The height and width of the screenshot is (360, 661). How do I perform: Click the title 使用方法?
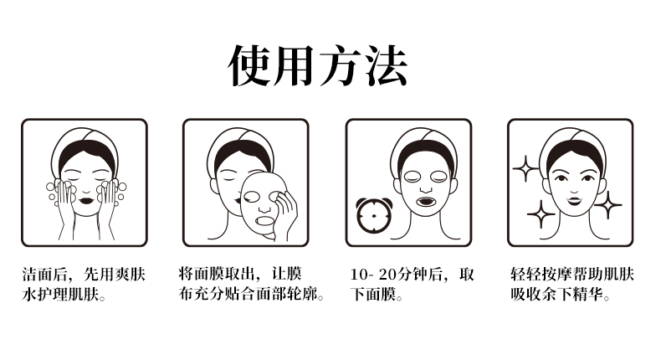[318, 66]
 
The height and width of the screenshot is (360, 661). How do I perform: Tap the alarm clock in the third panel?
[373, 215]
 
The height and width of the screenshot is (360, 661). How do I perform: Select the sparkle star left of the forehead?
[525, 168]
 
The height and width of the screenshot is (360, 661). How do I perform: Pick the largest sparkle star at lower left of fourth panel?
[541, 214]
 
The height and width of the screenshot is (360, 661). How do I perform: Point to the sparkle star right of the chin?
[608, 204]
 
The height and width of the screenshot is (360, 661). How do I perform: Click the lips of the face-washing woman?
[86, 200]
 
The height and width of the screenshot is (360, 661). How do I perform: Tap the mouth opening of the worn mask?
[426, 201]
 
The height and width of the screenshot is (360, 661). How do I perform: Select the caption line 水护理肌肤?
[64, 295]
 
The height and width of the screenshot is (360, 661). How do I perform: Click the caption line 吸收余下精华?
[561, 295]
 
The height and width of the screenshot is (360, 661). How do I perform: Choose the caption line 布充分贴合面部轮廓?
[251, 294]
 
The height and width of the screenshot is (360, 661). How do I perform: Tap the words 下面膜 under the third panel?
[373, 295]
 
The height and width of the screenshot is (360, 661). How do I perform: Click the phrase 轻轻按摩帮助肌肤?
[572, 275]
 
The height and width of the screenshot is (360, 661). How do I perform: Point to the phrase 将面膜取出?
[217, 275]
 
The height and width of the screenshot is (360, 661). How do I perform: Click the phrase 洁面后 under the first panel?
[44, 275]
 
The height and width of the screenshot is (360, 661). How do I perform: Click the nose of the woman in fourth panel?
[574, 188]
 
